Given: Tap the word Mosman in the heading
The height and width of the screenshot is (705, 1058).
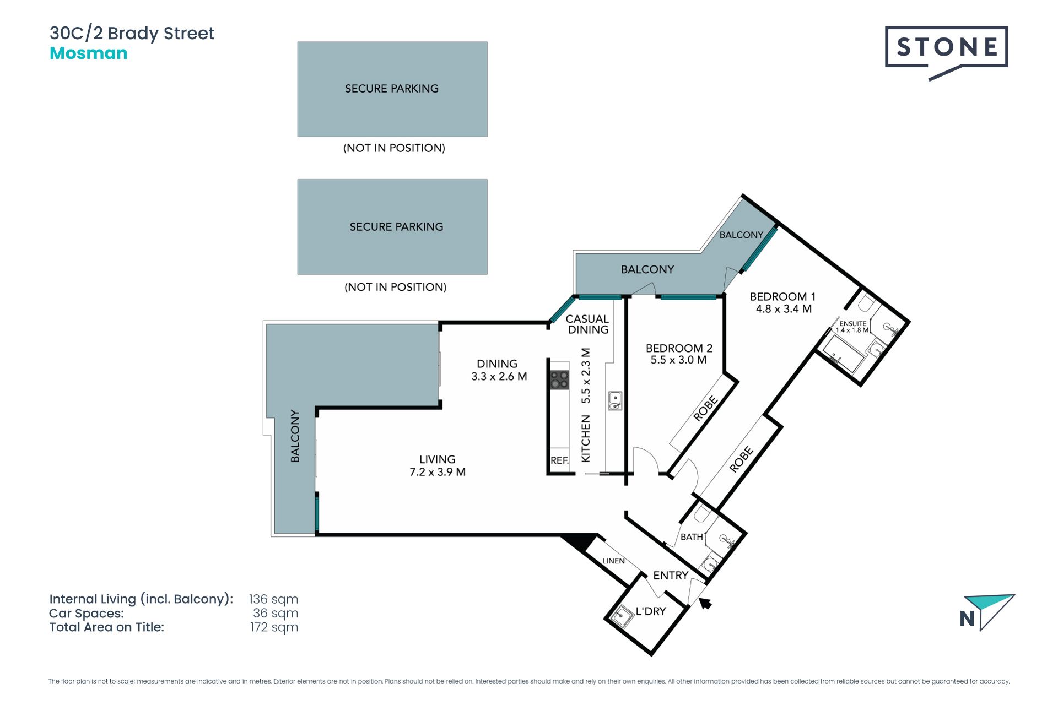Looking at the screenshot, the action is click(x=89, y=53).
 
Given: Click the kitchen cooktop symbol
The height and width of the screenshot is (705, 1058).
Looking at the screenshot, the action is click(x=559, y=379).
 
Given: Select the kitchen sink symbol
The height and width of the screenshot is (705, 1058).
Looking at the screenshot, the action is click(x=615, y=400).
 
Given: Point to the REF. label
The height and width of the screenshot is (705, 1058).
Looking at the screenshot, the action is click(x=559, y=460).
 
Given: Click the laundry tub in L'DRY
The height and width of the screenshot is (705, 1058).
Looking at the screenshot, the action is click(x=622, y=616).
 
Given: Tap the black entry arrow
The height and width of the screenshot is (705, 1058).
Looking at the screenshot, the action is click(x=705, y=604).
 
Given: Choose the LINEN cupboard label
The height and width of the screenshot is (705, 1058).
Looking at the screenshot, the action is click(x=613, y=561).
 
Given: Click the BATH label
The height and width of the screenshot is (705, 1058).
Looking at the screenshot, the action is click(x=692, y=536).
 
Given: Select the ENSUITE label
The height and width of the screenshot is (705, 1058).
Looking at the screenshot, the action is click(x=853, y=324).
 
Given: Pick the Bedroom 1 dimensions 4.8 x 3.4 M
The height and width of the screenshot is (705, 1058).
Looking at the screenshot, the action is click(x=784, y=309).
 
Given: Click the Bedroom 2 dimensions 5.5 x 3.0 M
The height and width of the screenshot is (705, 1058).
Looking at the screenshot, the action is click(x=678, y=360).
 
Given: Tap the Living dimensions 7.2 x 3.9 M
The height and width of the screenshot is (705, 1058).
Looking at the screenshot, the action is click(x=438, y=472).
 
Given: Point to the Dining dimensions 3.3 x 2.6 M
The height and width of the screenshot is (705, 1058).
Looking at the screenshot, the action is click(x=499, y=377).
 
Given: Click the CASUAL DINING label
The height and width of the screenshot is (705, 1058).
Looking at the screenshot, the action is click(x=588, y=324).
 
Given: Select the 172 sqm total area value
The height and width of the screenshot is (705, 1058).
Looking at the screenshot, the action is click(x=274, y=627).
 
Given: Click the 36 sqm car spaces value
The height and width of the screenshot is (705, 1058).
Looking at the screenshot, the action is click(x=276, y=613).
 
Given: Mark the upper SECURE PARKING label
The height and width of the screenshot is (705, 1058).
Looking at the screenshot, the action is click(x=392, y=89).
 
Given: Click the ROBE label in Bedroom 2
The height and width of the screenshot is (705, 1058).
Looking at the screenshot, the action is click(x=705, y=409).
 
